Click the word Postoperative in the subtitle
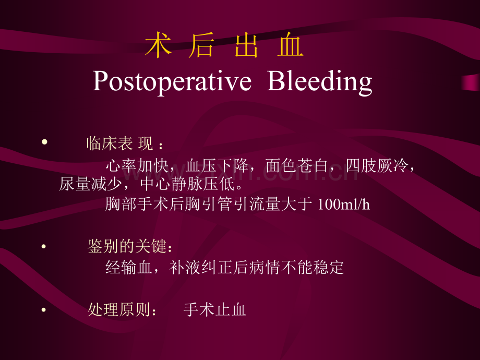coord(172,81)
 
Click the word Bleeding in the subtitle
coord(320,81)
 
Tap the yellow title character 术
coord(158,45)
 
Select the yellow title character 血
coord(290,45)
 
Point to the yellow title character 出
coord(246,45)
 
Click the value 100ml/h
coord(344,204)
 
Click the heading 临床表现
coord(119,143)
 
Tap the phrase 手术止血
coord(215,309)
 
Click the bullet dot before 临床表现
coord(45,141)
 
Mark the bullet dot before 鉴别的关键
coord(44,246)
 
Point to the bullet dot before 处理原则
coord(44,309)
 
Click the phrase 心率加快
coord(137,166)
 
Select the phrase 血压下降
coord(217,166)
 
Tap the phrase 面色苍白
coord(297,166)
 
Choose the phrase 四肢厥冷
coord(377,166)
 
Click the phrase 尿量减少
coord(90,184)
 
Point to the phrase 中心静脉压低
coord(188,184)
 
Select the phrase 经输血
coord(129,267)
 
